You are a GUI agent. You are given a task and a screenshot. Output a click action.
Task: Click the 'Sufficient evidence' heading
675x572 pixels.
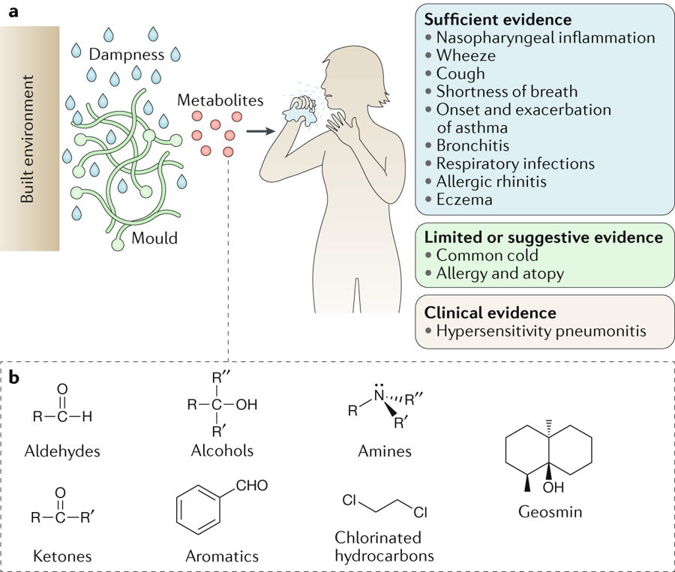(498, 19)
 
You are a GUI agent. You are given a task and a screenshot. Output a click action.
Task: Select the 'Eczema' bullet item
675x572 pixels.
(464, 199)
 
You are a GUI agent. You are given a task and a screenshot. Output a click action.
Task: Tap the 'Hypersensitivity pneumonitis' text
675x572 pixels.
(541, 331)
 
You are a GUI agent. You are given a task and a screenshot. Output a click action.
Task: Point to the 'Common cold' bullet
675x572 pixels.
(487, 255)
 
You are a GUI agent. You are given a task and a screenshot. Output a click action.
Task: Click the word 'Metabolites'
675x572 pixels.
(220, 100)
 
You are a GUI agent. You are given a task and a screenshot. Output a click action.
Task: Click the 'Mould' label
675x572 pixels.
(154, 238)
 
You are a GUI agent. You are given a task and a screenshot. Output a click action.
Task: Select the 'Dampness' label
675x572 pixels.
(127, 55)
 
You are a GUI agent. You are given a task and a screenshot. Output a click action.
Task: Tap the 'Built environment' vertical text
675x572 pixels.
(27, 139)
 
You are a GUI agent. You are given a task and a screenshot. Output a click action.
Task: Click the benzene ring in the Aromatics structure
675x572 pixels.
(199, 510)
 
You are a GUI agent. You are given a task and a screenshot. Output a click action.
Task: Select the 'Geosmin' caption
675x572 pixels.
(550, 512)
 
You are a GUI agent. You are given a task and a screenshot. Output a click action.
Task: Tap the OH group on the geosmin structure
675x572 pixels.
(553, 487)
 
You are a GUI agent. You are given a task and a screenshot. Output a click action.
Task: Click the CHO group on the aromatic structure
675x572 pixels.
(252, 486)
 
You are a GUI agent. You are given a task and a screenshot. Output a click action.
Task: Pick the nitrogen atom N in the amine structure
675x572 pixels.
(379, 395)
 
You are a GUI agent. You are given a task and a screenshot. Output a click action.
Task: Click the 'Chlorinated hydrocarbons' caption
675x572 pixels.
(384, 547)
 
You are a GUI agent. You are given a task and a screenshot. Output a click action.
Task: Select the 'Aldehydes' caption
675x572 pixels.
(62, 451)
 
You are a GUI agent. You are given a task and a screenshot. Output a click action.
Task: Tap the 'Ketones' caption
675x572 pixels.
(62, 556)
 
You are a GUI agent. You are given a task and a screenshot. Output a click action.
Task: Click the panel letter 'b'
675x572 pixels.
(14, 378)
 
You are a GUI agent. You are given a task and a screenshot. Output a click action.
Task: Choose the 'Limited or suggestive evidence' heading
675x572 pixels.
(543, 237)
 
